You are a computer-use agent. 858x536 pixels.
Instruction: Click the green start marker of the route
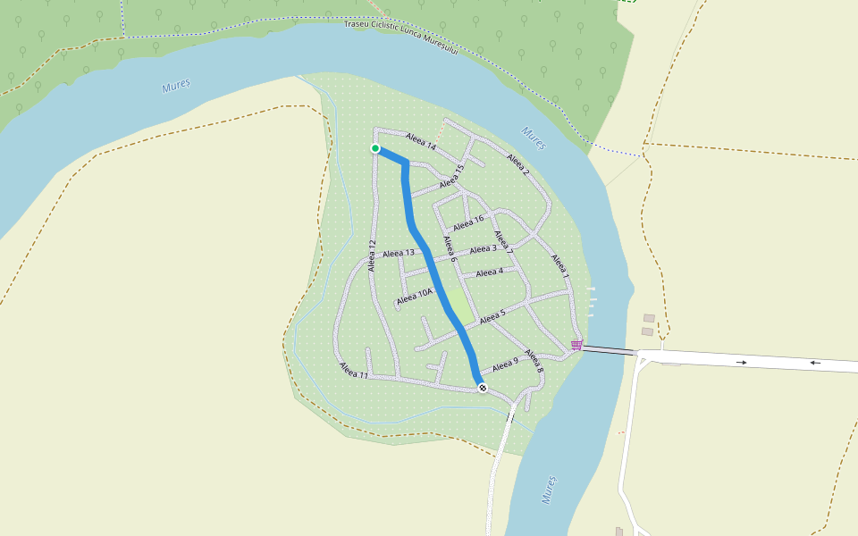tap(375, 148)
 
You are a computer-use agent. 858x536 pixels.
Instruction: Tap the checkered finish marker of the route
tap(483, 388)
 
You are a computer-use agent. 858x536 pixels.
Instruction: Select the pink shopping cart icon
tap(576, 346)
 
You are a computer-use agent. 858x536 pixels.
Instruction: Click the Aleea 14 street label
tap(420, 141)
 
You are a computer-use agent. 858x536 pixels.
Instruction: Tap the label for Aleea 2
tap(517, 165)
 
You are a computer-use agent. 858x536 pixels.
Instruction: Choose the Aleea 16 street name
tap(468, 222)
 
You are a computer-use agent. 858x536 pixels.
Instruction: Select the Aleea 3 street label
tap(483, 249)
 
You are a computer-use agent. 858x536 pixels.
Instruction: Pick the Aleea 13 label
tap(399, 254)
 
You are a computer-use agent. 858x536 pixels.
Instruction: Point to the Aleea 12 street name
tap(371, 256)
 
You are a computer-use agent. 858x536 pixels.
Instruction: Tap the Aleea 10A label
tap(415, 296)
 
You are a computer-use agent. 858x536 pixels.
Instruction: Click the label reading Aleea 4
tap(489, 272)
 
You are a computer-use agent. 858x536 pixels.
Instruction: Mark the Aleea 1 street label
tap(559, 266)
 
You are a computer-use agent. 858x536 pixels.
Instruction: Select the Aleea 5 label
tap(492, 315)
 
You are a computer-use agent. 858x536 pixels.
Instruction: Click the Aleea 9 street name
tap(505, 364)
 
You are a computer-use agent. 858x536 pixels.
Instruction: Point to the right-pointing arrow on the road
tap(742, 362)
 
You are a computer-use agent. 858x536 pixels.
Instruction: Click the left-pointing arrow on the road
tap(815, 363)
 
